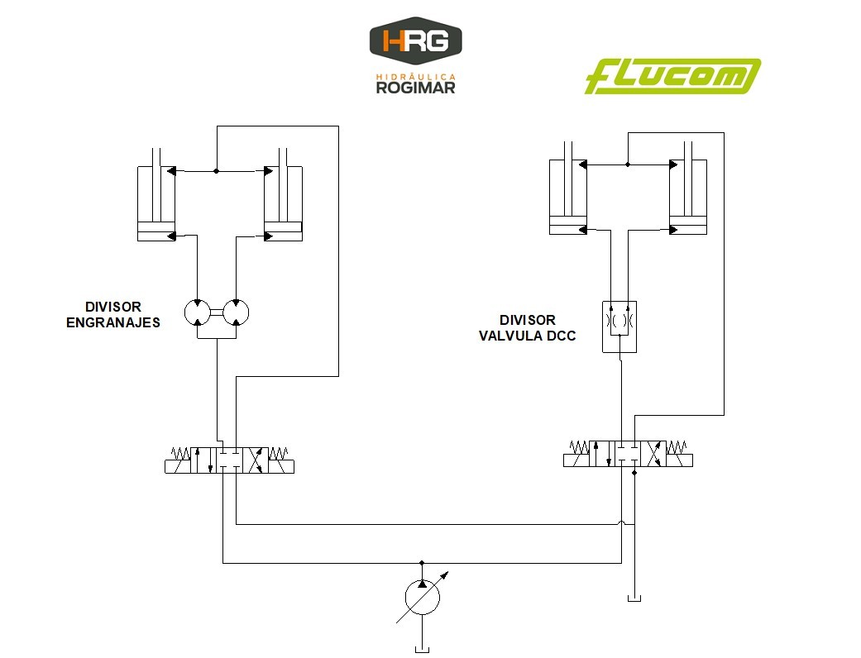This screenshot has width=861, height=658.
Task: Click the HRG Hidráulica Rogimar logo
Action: click(x=415, y=59)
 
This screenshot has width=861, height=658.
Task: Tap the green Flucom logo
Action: click(x=672, y=77)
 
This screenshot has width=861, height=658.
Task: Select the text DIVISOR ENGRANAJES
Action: click(x=113, y=315)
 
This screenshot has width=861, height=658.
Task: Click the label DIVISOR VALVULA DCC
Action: click(x=527, y=328)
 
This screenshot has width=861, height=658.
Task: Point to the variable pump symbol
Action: click(x=422, y=596)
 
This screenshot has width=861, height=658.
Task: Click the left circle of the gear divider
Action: click(x=196, y=312)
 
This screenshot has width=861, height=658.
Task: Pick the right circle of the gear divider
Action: click(x=237, y=312)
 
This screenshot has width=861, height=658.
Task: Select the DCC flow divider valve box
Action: click(x=619, y=326)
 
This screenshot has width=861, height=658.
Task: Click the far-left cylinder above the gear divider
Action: click(x=156, y=203)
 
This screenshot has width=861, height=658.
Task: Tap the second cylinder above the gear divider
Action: click(x=283, y=203)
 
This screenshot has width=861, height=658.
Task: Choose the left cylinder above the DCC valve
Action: click(x=569, y=196)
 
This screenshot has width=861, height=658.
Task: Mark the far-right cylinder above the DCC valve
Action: click(x=688, y=196)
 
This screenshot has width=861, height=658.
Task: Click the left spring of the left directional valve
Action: click(x=179, y=454)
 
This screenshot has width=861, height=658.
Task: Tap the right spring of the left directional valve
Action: click(x=280, y=454)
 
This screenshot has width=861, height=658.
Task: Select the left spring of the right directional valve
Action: click(x=578, y=447)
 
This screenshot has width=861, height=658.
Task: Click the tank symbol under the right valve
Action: click(x=634, y=598)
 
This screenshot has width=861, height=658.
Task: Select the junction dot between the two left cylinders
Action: click(x=216, y=171)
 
